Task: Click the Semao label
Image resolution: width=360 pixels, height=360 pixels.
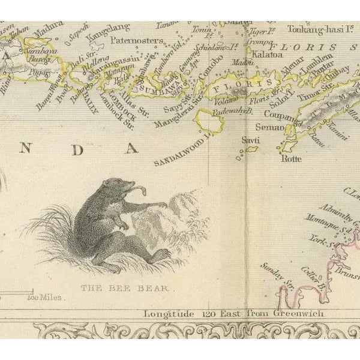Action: (268, 127)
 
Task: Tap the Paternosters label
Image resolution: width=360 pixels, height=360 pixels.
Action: (137, 40)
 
